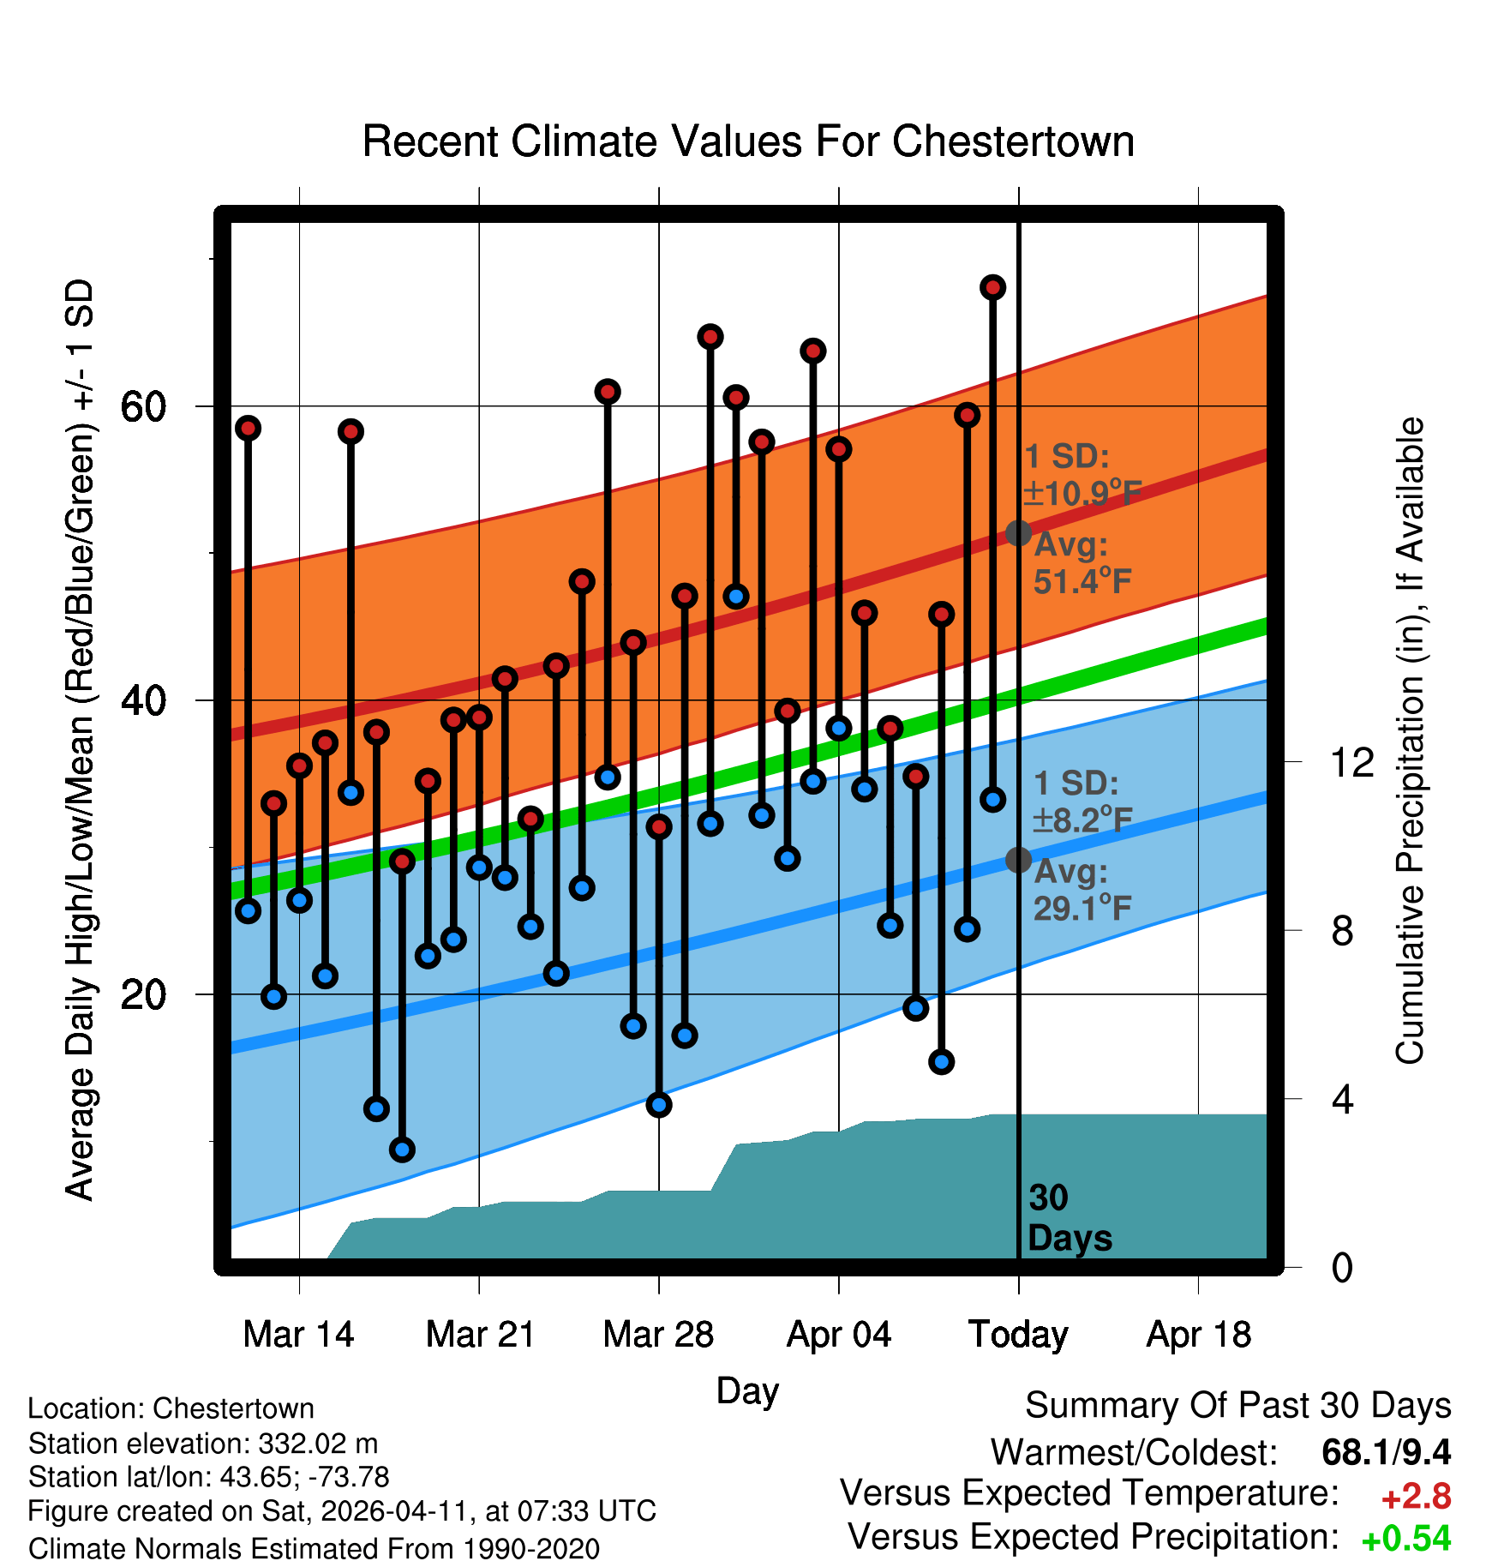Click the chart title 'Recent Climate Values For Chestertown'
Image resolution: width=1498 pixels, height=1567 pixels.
748,142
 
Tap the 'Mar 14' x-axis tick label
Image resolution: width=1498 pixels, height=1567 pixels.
298,1335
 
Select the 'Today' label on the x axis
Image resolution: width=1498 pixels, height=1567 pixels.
1018,1335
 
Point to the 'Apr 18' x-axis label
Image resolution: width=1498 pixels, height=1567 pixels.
1198,1335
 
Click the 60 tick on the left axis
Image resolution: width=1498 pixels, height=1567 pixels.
143,406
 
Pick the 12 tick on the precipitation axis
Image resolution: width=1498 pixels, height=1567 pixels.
1351,762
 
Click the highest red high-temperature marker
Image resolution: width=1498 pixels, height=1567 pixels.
992,287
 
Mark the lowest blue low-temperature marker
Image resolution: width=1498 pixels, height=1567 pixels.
402,1150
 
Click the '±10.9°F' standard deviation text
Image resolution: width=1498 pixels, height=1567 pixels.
1082,494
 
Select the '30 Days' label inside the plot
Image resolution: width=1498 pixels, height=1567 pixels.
1069,1218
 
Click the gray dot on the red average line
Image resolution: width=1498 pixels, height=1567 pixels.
1018,533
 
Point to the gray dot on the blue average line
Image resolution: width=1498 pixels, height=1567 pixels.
1018,860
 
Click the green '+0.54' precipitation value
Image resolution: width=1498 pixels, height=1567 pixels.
1405,1539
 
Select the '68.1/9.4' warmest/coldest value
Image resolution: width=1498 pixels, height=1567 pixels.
1386,1452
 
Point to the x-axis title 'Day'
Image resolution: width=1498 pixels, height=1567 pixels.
747,1390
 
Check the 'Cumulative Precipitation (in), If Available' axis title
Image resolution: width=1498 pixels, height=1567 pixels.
1410,741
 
